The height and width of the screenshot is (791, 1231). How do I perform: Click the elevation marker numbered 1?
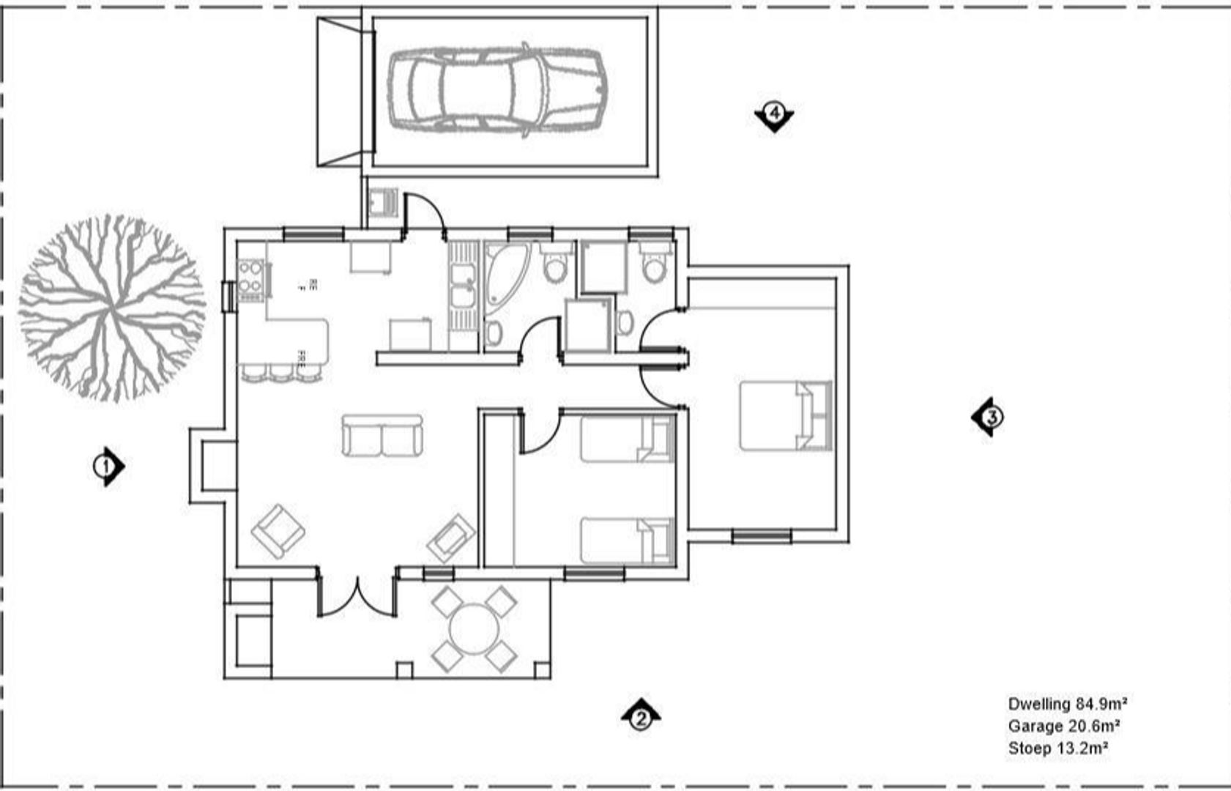(107, 466)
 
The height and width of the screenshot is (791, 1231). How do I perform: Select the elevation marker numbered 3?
(989, 417)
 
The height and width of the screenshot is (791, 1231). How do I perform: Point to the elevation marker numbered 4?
(775, 114)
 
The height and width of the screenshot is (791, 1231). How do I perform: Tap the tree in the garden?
(111, 308)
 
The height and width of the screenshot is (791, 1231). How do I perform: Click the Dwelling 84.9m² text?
(1066, 705)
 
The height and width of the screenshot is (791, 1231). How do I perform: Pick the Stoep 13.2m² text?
(1057, 749)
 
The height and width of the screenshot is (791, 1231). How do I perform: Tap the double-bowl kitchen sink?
(462, 286)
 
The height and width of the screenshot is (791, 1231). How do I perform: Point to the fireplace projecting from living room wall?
(212, 466)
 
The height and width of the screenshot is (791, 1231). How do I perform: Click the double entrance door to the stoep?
(357, 595)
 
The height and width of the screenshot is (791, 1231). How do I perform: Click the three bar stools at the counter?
(281, 372)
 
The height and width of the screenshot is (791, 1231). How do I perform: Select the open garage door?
(339, 92)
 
